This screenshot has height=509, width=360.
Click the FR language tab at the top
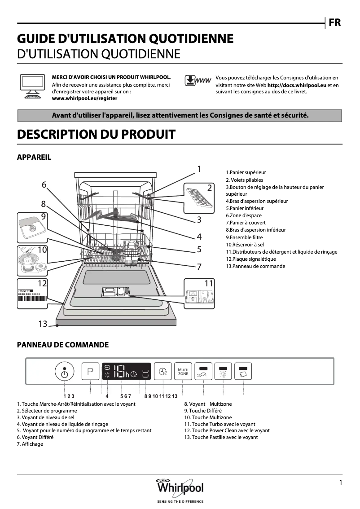pos(334,22)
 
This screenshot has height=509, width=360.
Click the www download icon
pos(198,81)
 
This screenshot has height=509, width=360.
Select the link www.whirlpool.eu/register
pos(85,98)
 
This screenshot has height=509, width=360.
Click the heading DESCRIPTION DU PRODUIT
pos(96,134)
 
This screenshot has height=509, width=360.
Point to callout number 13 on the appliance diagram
pos(43,324)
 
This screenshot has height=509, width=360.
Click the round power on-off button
pos(65,372)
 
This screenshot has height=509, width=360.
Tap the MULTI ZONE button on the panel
pos(183,371)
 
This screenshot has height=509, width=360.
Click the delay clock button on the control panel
pos(162,371)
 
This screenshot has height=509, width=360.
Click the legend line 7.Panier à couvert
pos(246,223)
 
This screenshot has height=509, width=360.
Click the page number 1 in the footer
pos(341,483)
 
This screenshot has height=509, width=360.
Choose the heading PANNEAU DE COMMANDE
pos(63,345)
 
